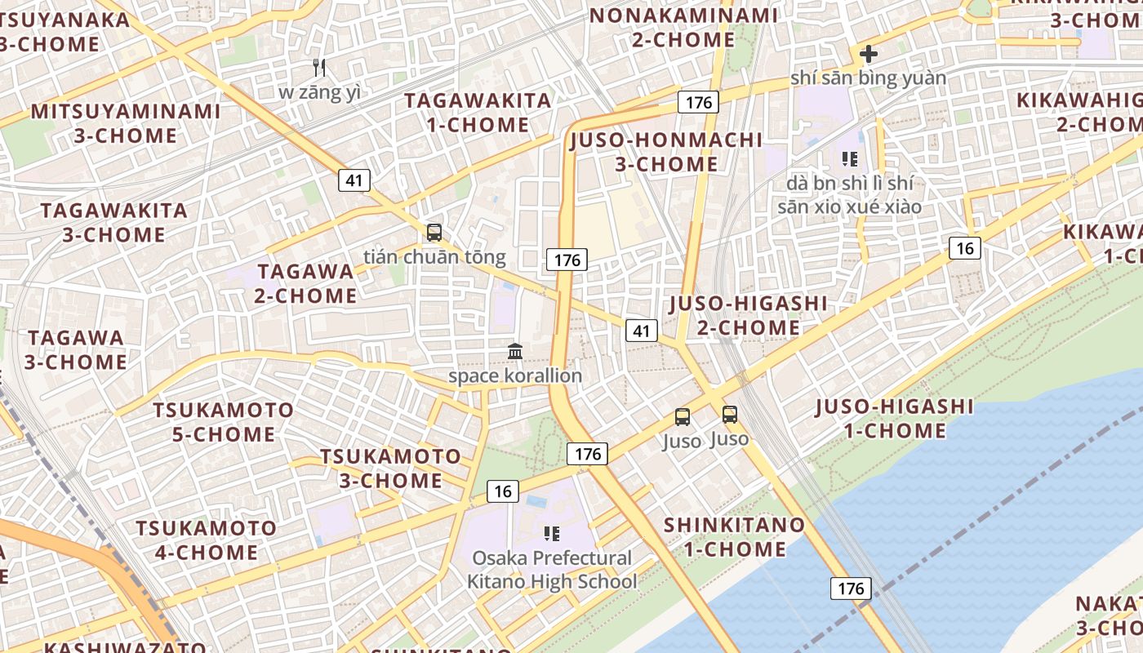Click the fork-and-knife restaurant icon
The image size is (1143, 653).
click(x=319, y=68)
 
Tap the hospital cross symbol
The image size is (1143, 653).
click(x=868, y=55)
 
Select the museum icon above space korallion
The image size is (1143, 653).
click(x=515, y=352)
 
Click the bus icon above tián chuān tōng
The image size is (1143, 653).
click(x=434, y=233)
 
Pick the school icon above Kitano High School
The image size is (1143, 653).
click(x=552, y=534)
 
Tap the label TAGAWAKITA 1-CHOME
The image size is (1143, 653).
click(x=478, y=113)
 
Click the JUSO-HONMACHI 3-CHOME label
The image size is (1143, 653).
click(x=666, y=152)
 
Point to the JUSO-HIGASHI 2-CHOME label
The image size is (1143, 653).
click(x=748, y=316)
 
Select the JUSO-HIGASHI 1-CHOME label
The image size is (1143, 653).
click(x=894, y=419)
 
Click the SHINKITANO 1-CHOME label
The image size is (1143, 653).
click(x=735, y=536)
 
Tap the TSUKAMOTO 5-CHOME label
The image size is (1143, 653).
click(x=223, y=422)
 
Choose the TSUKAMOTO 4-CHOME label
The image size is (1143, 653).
click(x=206, y=540)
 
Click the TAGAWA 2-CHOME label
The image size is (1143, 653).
click(x=305, y=283)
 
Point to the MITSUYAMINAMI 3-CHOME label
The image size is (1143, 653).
click(x=126, y=123)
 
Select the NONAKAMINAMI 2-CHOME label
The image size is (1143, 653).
click(x=683, y=27)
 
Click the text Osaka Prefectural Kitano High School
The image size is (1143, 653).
click(x=552, y=570)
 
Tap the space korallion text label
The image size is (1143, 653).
click(x=515, y=376)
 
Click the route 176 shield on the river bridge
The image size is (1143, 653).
click(x=851, y=588)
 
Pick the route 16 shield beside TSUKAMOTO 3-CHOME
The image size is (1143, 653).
click(x=503, y=491)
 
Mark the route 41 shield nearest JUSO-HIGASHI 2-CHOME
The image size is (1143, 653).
click(x=642, y=331)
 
